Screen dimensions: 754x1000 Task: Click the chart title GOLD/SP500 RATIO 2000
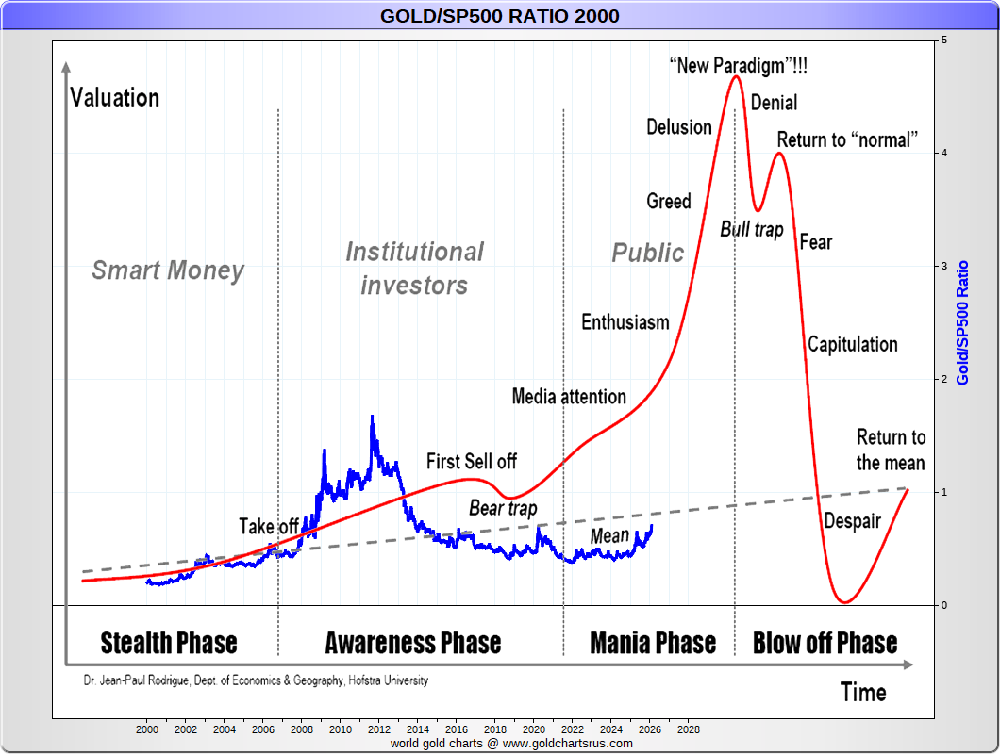[500, 15]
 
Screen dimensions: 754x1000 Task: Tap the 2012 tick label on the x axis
[379, 729]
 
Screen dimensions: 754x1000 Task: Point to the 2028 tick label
[689, 729]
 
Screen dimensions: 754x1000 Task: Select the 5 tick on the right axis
[944, 41]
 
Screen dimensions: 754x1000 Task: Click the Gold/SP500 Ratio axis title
[963, 322]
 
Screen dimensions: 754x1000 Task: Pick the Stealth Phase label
[169, 644]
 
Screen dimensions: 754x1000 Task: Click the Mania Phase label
[653, 644]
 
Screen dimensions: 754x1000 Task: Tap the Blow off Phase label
[825, 644]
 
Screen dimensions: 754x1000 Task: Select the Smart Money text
[168, 271]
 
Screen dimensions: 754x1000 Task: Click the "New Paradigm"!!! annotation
[739, 66]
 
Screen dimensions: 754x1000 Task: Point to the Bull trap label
[752, 229]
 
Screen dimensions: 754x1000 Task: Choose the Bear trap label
[503, 509]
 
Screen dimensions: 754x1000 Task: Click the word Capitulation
[853, 344]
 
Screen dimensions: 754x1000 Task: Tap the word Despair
[852, 521]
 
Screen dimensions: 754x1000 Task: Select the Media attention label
[569, 396]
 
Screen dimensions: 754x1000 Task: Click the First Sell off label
[472, 461]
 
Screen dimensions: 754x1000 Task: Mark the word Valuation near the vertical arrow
[115, 97]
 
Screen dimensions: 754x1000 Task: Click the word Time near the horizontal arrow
[863, 693]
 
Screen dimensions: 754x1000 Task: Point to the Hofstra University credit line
[255, 680]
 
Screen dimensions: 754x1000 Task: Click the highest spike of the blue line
[372, 417]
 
